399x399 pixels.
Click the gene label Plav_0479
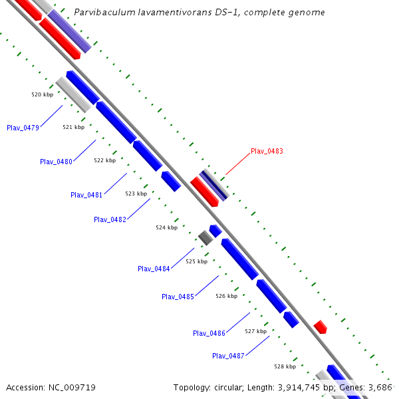tap(23, 128)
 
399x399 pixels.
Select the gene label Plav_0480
tap(56, 162)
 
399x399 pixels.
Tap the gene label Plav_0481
tap(86, 195)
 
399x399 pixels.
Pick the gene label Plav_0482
tap(110, 219)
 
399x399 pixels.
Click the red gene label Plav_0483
tap(267, 152)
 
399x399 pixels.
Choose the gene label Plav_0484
tap(154, 269)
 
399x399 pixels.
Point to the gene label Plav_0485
tap(178, 297)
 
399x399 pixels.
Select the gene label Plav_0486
tap(209, 333)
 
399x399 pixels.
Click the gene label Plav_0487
tap(228, 356)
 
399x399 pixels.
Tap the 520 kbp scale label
tap(42, 94)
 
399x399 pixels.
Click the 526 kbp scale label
tap(226, 296)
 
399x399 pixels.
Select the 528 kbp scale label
tap(285, 366)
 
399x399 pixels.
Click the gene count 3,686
tap(379, 387)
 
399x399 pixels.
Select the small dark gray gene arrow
tap(205, 237)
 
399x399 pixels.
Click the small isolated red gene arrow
tap(321, 327)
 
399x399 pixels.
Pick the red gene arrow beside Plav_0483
tap(204, 192)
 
